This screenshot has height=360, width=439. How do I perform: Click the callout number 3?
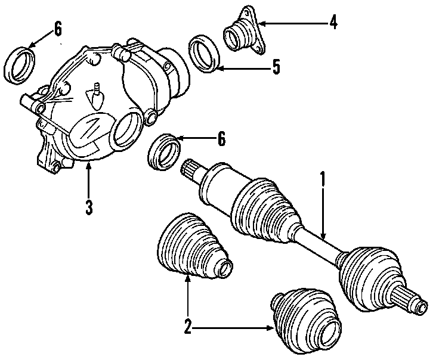[x=88, y=207]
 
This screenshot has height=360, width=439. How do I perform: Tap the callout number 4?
[x=333, y=23]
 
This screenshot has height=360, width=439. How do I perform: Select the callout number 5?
[x=275, y=67]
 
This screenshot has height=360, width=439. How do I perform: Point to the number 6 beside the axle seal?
[x=221, y=139]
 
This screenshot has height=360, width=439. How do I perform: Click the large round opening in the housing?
[x=127, y=131]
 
